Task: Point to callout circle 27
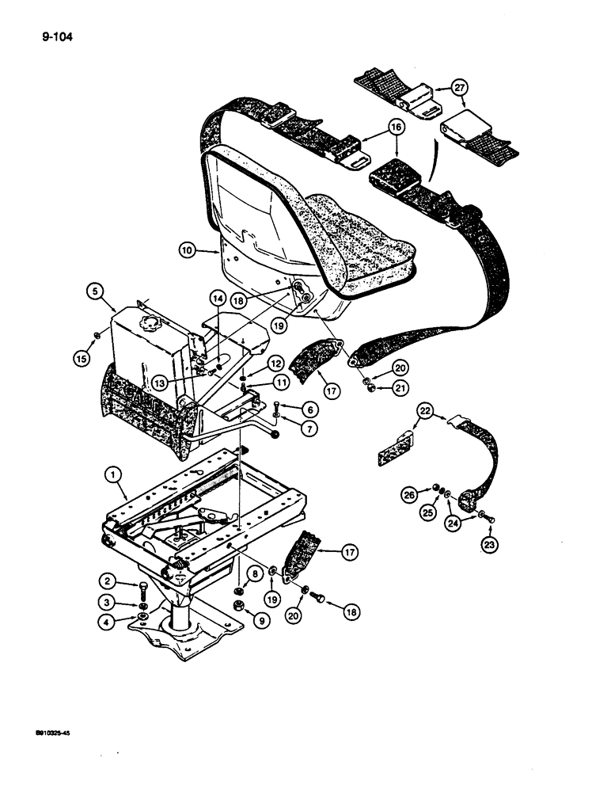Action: (460, 86)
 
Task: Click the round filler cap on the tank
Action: (147, 325)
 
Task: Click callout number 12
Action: (276, 364)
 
